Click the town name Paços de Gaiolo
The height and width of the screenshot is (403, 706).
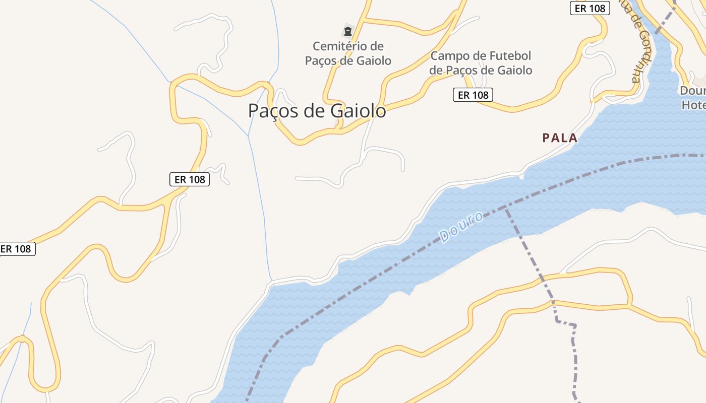(317, 111)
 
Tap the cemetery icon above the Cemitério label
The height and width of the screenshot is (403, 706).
(347, 31)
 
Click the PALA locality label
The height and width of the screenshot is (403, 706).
(560, 138)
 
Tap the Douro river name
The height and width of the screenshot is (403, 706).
(461, 227)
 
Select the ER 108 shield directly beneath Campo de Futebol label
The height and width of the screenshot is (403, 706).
(473, 95)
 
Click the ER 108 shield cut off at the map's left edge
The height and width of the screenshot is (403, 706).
(17, 249)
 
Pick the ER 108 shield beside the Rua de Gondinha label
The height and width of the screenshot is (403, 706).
(590, 9)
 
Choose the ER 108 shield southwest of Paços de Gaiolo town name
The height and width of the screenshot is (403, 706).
(189, 179)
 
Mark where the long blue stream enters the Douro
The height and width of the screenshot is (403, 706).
(271, 281)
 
